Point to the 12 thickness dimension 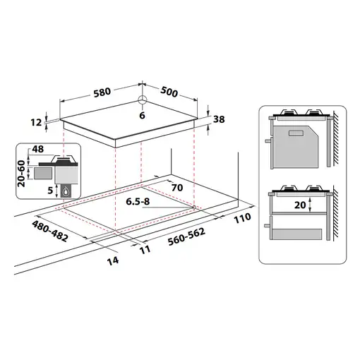click(x=35, y=122)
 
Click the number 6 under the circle click(x=142, y=115)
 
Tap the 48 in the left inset click(x=37, y=150)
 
